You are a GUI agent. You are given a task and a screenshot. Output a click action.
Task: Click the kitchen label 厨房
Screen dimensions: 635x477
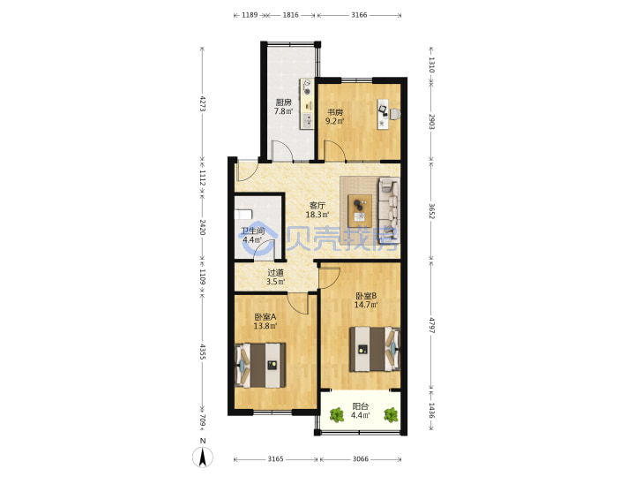[283, 102]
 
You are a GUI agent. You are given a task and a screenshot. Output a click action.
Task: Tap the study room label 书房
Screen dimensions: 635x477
[335, 112]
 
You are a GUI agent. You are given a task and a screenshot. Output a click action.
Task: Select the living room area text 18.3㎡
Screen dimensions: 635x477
[317, 215]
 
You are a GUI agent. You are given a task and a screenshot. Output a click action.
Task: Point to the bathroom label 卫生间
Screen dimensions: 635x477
[253, 231]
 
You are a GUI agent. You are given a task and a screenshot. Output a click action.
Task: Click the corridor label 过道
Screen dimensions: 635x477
[275, 273]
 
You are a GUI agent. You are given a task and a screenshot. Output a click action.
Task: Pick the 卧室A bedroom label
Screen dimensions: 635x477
[265, 317]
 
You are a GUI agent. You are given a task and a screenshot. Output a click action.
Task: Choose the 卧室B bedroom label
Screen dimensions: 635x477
[366, 296]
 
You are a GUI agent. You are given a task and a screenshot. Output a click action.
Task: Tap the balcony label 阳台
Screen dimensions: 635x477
[361, 406]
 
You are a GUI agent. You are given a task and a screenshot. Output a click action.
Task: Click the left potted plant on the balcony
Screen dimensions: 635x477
[337, 415]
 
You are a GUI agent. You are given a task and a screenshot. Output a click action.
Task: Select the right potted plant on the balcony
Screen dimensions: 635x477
[391, 415]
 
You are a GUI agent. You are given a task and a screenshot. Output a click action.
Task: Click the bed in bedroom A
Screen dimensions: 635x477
[260, 365]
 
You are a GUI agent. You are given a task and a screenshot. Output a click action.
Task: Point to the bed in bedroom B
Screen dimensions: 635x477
[375, 349]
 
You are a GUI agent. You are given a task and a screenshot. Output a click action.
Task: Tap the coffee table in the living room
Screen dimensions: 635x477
[360, 211]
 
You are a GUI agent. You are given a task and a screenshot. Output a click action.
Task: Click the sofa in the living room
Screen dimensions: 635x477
[389, 210]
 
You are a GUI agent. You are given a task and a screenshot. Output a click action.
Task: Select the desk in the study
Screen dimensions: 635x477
[383, 114]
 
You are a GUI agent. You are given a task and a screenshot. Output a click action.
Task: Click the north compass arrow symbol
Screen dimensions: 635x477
[203, 458]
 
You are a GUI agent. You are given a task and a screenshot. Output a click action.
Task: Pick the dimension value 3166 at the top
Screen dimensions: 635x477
[359, 15]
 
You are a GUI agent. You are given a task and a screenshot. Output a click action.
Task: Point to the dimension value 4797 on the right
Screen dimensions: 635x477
[431, 325]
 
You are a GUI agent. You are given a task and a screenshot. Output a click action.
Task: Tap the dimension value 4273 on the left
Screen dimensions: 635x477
[203, 103]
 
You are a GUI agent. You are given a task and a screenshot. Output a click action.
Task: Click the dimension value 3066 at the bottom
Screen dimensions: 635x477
[361, 458]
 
